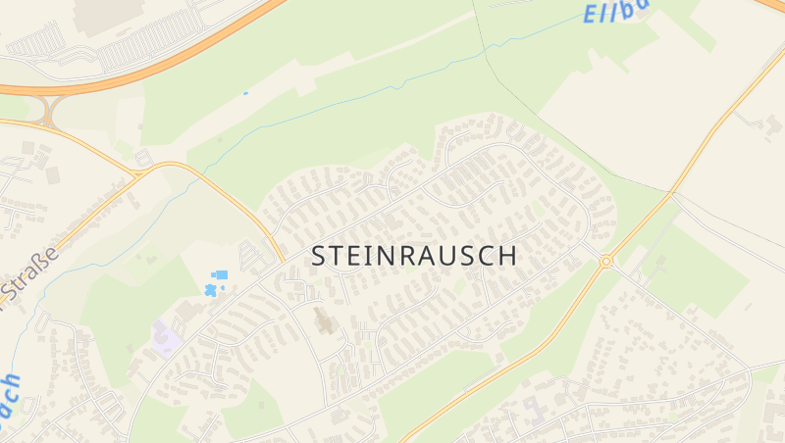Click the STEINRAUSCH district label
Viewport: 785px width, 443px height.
pos(414,256)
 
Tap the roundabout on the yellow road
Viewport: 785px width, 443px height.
pos(606,261)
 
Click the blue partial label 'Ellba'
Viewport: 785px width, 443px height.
pos(615,12)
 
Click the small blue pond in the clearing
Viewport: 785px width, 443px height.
pos(245,94)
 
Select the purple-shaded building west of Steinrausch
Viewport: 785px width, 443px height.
pos(164,337)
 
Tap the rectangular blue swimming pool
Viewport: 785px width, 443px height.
pos(221,274)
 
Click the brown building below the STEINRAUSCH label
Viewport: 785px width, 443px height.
pos(323,320)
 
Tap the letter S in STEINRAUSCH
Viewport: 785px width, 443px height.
pos(320,256)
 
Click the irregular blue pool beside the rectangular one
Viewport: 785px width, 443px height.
pos(210,290)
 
